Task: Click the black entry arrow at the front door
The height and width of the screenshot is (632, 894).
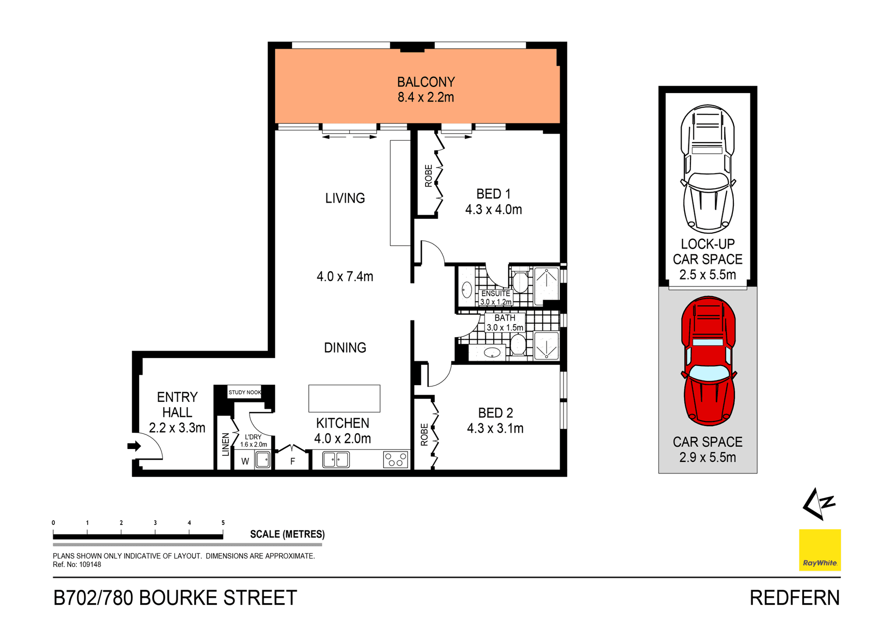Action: pos(134,446)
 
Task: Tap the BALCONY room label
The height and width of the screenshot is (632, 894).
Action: pos(426,82)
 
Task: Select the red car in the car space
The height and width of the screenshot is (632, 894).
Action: pos(708,361)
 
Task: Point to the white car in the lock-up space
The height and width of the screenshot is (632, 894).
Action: pos(708,169)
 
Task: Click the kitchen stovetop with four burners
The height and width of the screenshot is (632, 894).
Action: pos(395,460)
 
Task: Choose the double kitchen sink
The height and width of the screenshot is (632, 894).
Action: pos(336,460)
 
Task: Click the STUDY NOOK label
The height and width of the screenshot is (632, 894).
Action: pos(244,392)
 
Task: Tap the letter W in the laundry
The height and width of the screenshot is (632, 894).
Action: pos(245,462)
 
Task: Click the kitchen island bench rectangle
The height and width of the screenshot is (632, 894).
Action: pos(344,398)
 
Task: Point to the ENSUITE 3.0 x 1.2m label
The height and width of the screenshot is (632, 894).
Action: pos(495,298)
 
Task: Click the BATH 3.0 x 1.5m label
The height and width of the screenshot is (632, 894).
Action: pos(505,322)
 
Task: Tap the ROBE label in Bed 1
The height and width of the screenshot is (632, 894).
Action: pos(428,176)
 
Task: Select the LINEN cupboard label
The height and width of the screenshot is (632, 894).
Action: pos(225,444)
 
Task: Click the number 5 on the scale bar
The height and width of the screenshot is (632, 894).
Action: pos(223,523)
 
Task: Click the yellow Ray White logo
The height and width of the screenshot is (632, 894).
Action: pos(819,550)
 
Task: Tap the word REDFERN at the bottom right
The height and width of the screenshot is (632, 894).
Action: pos(794,598)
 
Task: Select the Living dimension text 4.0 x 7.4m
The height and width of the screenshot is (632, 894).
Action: pos(345,277)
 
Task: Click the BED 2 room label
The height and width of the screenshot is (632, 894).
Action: pos(495,413)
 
